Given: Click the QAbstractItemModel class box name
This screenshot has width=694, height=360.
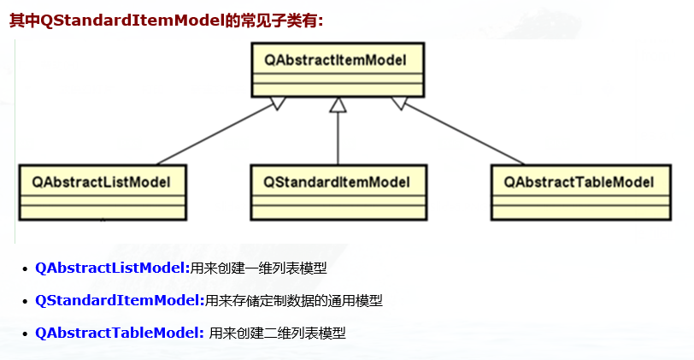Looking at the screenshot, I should (334, 59).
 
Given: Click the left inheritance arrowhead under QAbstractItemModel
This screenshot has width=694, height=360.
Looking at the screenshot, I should (276, 103).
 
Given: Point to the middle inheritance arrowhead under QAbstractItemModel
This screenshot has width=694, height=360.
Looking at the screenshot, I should (338, 104).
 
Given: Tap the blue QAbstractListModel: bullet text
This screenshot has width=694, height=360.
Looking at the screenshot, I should (112, 269).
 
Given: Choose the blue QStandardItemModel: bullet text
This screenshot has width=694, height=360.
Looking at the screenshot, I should (120, 301).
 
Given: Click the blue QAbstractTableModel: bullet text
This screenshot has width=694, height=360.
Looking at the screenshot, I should (120, 333).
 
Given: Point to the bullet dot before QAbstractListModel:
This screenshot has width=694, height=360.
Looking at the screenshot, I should (24, 269).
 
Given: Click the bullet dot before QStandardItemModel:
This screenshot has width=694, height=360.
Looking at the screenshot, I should (24, 302).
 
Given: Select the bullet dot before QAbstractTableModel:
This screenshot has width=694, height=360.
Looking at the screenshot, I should (24, 334).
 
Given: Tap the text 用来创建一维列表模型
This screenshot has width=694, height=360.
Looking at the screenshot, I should (258, 269).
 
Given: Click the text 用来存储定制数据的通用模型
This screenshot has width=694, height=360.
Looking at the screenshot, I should (294, 301).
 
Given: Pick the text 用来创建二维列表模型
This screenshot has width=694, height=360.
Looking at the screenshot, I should (278, 333).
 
